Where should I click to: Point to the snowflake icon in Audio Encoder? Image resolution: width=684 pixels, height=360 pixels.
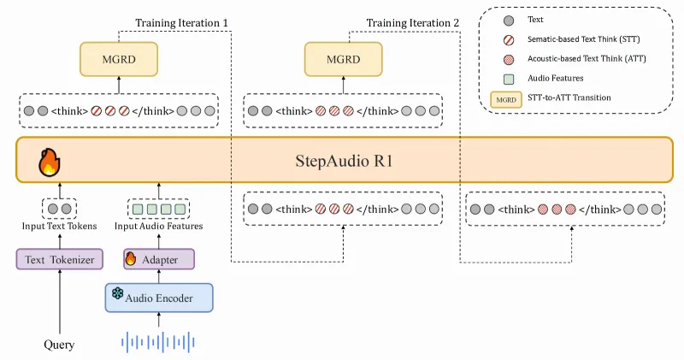tap(118, 295)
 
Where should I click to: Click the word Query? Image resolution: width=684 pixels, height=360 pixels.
tap(59, 345)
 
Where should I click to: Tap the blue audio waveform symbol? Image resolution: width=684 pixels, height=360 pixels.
tap(158, 344)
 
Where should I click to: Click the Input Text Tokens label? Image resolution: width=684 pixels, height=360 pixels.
tap(59, 226)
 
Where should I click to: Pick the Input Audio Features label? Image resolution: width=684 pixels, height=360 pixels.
tap(159, 226)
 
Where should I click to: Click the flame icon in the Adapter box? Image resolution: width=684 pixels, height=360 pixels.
tap(131, 258)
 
